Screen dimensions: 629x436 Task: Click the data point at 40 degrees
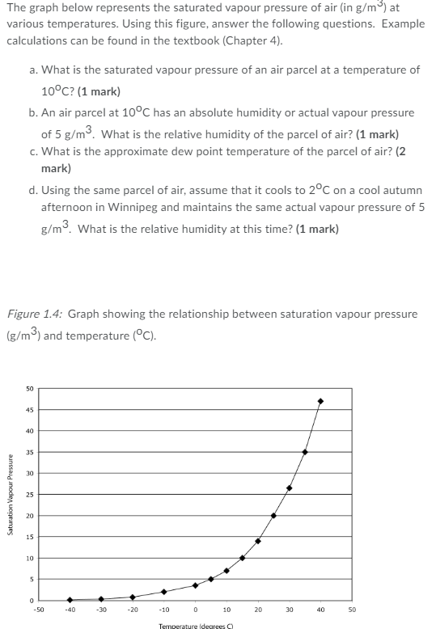point(320,401)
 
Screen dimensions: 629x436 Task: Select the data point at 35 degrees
point(305,452)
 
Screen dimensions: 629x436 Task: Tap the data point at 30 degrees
point(289,488)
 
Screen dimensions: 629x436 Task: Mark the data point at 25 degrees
point(273,515)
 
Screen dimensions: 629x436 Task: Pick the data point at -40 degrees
point(70,600)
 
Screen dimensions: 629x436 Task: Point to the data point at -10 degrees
point(163,592)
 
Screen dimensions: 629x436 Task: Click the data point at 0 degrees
point(195,585)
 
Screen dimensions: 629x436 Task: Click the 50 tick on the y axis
point(29,388)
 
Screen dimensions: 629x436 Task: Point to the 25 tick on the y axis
point(29,494)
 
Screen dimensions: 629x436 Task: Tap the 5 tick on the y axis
point(30,579)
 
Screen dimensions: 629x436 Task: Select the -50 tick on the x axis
point(38,610)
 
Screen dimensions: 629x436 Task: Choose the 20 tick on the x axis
point(258,610)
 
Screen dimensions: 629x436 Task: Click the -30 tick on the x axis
point(101,610)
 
